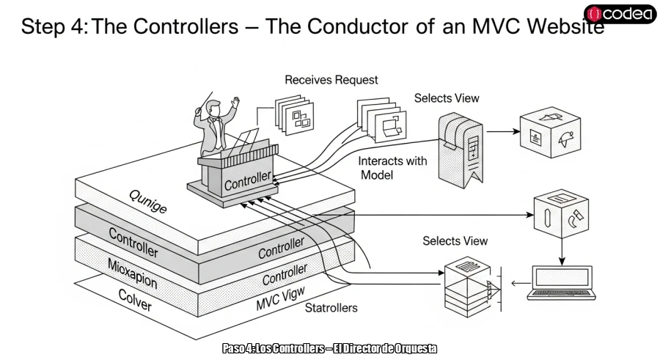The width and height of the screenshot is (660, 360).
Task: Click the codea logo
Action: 621,14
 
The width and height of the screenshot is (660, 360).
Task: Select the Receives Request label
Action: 331,79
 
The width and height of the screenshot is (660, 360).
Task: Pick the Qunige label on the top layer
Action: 148,199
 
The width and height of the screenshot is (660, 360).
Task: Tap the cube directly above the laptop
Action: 562,216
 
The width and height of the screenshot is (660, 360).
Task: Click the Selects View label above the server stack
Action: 455,240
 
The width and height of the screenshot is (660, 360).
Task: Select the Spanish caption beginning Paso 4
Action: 329,348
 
